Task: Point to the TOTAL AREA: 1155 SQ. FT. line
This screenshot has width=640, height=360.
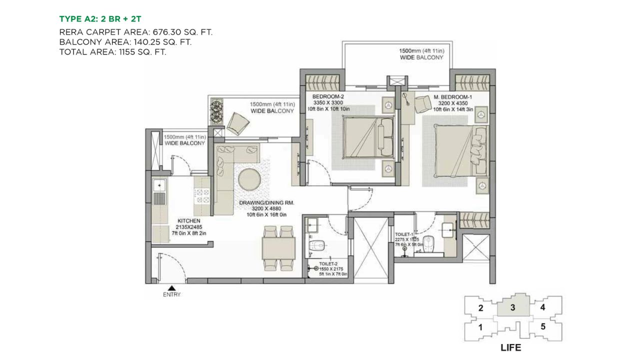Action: click(112, 51)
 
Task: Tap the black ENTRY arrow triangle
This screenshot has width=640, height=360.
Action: click(171, 287)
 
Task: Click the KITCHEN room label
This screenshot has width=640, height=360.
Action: click(189, 220)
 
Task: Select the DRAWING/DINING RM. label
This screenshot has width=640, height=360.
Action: click(266, 202)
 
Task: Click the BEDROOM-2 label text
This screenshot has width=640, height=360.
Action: click(328, 96)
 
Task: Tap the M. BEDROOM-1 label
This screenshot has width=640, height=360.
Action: click(451, 96)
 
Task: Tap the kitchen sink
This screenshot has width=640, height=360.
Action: click(159, 186)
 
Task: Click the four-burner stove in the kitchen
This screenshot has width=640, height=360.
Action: click(202, 195)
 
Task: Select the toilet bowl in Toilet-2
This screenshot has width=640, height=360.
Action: click(317, 245)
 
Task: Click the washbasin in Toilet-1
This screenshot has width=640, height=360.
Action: click(448, 229)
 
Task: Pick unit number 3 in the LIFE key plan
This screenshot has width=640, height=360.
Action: click(512, 308)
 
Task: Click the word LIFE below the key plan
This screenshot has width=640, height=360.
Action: click(511, 347)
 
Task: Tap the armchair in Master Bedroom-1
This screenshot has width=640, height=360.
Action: click(423, 103)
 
